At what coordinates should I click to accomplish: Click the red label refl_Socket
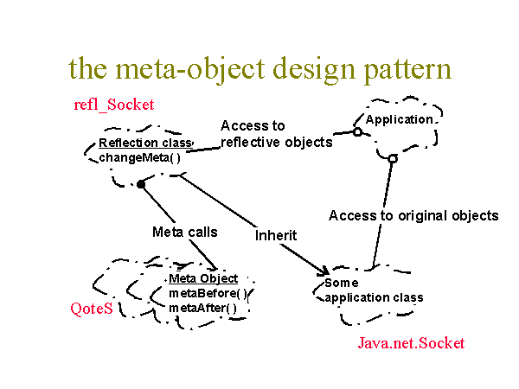pyautogui.click(x=114, y=105)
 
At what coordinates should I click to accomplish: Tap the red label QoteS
pyautogui.click(x=92, y=309)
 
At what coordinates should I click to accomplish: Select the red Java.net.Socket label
pyautogui.click(x=411, y=343)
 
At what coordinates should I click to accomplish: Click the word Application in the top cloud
pyautogui.click(x=399, y=119)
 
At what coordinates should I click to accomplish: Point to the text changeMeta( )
pyautogui.click(x=139, y=158)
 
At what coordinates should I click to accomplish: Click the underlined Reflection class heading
pyautogui.click(x=145, y=143)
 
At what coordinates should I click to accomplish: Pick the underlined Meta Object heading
pyautogui.click(x=203, y=278)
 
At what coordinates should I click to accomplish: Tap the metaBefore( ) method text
pyautogui.click(x=208, y=293)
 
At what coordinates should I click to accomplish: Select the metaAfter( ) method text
pyautogui.click(x=202, y=309)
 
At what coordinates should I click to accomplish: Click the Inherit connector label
pyautogui.click(x=276, y=235)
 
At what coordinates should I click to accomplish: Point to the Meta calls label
pyautogui.click(x=185, y=232)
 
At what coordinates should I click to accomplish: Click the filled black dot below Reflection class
pyautogui.click(x=141, y=184)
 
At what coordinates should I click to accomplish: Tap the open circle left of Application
pyautogui.click(x=357, y=132)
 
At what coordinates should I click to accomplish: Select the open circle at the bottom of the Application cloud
pyautogui.click(x=393, y=159)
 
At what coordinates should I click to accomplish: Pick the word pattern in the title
pyautogui.click(x=407, y=69)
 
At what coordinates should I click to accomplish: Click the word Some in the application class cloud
pyautogui.click(x=342, y=283)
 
